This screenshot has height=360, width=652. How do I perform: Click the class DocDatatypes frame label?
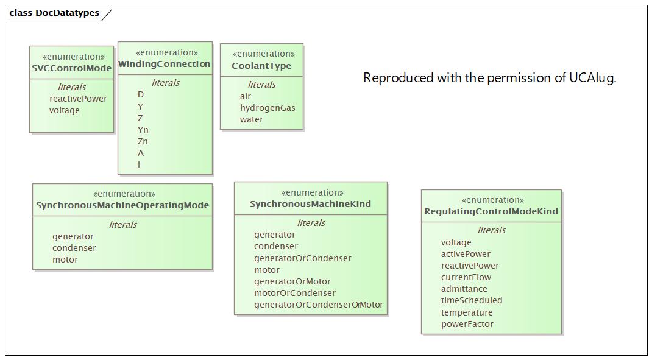point(54,13)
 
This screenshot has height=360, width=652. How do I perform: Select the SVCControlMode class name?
point(72,68)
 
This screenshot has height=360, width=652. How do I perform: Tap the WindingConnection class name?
point(165,64)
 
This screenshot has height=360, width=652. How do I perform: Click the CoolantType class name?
point(261,66)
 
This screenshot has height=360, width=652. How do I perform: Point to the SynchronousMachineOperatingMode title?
point(122,205)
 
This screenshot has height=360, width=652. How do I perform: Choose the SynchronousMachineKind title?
point(310,204)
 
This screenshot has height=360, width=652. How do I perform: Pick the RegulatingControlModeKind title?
point(491,211)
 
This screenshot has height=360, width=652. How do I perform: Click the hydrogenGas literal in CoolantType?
point(268,108)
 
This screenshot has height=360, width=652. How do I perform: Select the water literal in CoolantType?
point(252,119)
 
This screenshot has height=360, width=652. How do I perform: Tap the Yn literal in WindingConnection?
point(143,130)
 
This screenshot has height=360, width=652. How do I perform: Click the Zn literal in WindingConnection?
point(143,141)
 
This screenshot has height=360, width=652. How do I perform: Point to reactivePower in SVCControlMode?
point(78,99)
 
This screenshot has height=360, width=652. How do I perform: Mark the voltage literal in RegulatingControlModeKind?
point(456,242)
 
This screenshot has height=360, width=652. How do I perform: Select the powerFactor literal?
point(467,324)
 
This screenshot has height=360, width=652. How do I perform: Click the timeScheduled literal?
point(472,300)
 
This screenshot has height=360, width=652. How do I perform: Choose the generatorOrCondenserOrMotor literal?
point(319,305)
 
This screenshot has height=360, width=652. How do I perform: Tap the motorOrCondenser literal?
point(295,293)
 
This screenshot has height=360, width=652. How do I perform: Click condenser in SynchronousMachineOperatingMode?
point(74,248)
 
